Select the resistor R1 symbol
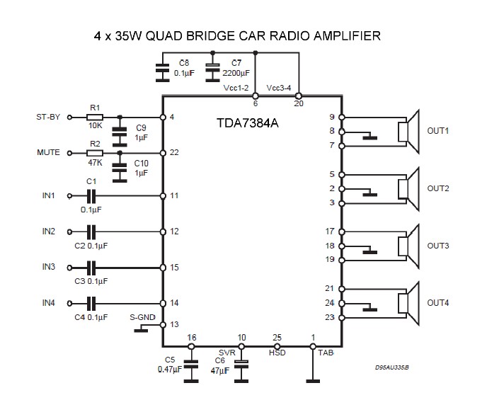tap(95, 118)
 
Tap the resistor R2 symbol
tap(95, 153)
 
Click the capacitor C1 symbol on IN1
tap(91, 195)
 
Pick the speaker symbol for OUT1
tap(409, 132)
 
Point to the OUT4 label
tap(438, 304)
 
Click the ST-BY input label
tap(48, 118)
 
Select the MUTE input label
tap(48, 153)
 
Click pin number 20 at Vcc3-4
tap(299, 103)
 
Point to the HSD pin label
tap(277, 353)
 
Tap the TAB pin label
tap(324, 353)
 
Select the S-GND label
tap(142, 317)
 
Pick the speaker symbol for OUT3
tap(409, 246)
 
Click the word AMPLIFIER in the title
tap(341, 35)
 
